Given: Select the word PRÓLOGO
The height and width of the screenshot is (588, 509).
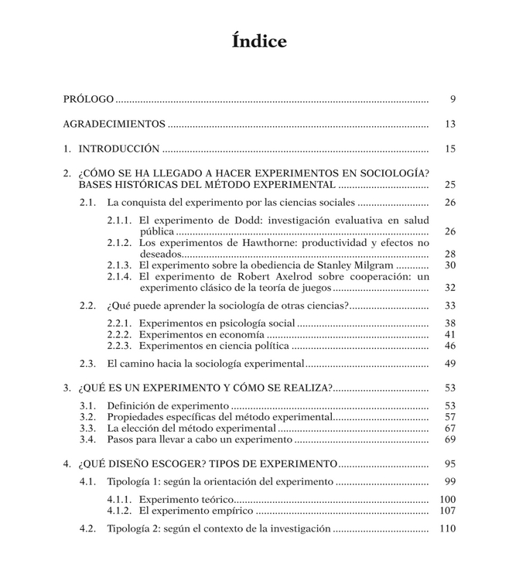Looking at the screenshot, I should click(x=89, y=100).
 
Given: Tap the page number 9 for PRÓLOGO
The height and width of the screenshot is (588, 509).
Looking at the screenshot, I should click(x=453, y=100).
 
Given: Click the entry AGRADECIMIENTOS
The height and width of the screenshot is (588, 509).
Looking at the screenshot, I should click(x=114, y=124).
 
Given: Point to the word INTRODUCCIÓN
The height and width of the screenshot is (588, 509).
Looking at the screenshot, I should click(x=119, y=149).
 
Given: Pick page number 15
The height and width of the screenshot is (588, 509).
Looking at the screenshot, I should click(x=450, y=149).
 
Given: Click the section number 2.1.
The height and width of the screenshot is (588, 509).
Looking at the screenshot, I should click(x=87, y=203).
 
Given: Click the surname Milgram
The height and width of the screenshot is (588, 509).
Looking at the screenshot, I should click(x=370, y=265).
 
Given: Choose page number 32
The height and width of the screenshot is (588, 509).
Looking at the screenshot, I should click(x=450, y=288).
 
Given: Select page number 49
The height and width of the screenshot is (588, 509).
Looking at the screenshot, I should click(x=450, y=364).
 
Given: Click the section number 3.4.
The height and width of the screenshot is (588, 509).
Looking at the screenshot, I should click(x=87, y=439).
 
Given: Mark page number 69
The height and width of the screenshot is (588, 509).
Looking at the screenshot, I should click(x=450, y=439).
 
